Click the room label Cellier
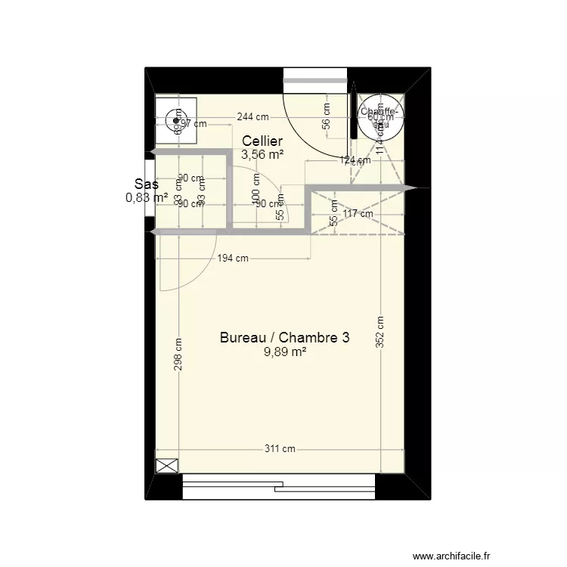262,141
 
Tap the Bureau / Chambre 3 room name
284,338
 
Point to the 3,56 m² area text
262,154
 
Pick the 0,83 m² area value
147,197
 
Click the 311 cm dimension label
280,448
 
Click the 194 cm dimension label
233,258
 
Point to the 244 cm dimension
253,117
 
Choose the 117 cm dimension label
358,214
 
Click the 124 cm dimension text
355,160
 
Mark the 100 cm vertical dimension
256,186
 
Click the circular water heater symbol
380,116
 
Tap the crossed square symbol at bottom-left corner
167,466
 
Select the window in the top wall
314,76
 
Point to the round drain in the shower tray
176,119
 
